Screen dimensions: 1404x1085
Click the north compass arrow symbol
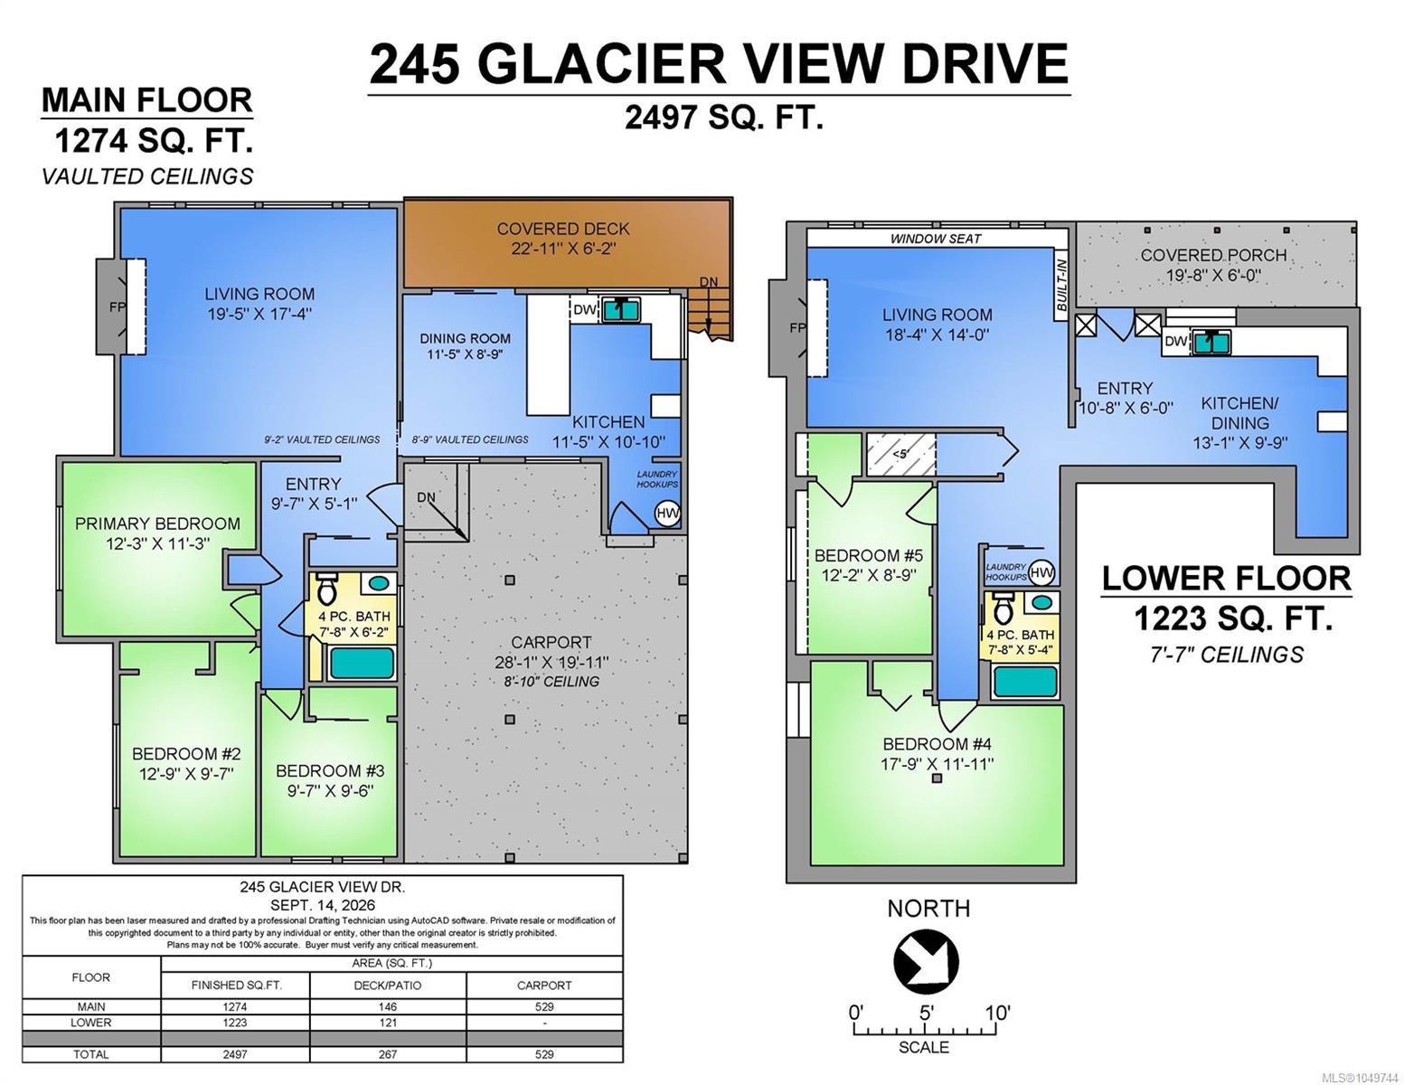coord(925,961)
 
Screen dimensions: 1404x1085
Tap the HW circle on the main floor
coord(667,514)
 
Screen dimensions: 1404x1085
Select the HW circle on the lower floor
coord(1041,572)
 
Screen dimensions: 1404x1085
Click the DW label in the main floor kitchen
coord(585,310)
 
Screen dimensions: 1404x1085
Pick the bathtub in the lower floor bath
coord(1024,681)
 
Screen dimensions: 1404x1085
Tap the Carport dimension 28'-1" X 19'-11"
coord(551,663)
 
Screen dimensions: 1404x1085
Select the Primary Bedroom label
coord(157,524)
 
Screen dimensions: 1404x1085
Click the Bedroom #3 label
coord(330,771)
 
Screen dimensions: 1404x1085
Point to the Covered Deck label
coord(562,229)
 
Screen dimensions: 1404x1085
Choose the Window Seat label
coord(936,239)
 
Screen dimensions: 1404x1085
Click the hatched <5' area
coord(900,455)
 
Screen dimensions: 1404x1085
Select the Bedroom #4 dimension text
coord(938,764)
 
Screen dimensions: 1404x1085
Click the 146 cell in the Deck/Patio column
coord(388,1007)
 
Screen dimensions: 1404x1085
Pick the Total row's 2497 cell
coord(235,1054)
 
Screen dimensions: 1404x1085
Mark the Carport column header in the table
coord(544,986)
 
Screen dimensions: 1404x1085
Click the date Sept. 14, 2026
coord(323,906)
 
